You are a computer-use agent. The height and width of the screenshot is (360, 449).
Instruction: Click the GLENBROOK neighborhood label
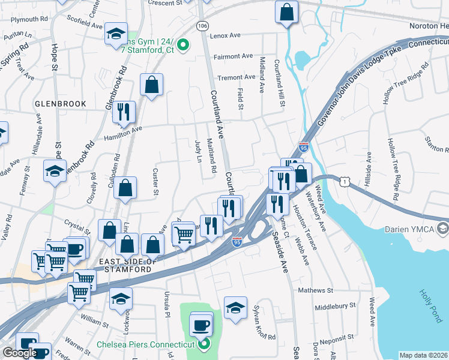(x=60, y=104)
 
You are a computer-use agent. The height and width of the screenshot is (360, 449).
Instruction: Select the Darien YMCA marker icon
(x=443, y=228)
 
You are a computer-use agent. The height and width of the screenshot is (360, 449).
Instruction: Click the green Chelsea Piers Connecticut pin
(x=204, y=344)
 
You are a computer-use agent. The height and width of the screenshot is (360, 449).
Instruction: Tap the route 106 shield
(x=203, y=26)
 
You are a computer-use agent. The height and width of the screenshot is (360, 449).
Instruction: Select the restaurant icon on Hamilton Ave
(x=124, y=112)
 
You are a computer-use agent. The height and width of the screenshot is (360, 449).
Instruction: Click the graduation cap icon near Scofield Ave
(x=116, y=34)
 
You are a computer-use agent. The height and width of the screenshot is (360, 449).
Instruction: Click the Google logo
(x=19, y=353)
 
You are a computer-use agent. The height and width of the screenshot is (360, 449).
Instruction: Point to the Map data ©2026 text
(x=423, y=355)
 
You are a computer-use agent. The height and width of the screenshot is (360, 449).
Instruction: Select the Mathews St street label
(x=316, y=290)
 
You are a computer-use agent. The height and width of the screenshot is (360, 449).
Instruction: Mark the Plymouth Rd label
(x=29, y=19)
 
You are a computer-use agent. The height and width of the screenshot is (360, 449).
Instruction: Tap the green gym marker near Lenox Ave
(x=185, y=44)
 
